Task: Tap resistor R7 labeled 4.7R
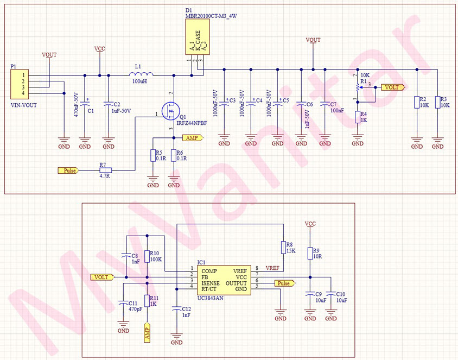105,170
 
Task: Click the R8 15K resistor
283,248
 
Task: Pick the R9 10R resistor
310,254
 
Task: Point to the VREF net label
273,268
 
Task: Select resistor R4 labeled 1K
358,117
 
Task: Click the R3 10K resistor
437,102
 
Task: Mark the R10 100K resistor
147,256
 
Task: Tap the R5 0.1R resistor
153,155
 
